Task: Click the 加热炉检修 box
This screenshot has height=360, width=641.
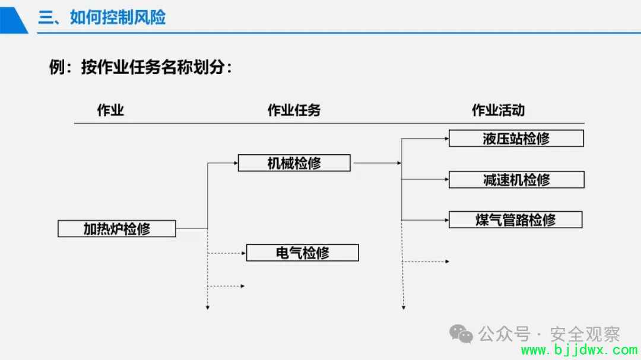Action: [117, 228]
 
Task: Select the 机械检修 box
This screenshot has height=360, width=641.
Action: [294, 163]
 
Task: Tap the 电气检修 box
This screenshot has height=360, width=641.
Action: [303, 253]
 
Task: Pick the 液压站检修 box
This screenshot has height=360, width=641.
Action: [516, 139]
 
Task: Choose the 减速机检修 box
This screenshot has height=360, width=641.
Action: [517, 179]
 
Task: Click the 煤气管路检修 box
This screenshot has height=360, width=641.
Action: [516, 220]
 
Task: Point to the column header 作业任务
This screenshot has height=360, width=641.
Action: [294, 110]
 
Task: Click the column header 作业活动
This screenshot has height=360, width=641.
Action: [499, 110]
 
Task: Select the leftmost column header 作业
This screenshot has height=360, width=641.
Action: [110, 110]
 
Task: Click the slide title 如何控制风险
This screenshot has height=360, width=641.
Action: [118, 18]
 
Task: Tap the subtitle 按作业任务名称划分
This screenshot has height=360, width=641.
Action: [153, 67]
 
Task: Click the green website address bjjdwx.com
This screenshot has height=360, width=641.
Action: [579, 350]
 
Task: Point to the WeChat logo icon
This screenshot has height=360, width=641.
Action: [461, 334]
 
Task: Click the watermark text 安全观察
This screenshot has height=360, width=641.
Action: [585, 334]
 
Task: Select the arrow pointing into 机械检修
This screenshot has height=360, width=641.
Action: [223, 163]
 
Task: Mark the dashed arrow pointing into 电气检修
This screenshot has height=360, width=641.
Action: [227, 253]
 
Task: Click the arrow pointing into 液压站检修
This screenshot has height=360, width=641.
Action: [425, 139]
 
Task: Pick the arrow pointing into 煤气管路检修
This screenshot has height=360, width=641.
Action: [425, 220]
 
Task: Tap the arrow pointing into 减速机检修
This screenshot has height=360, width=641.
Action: [425, 179]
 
